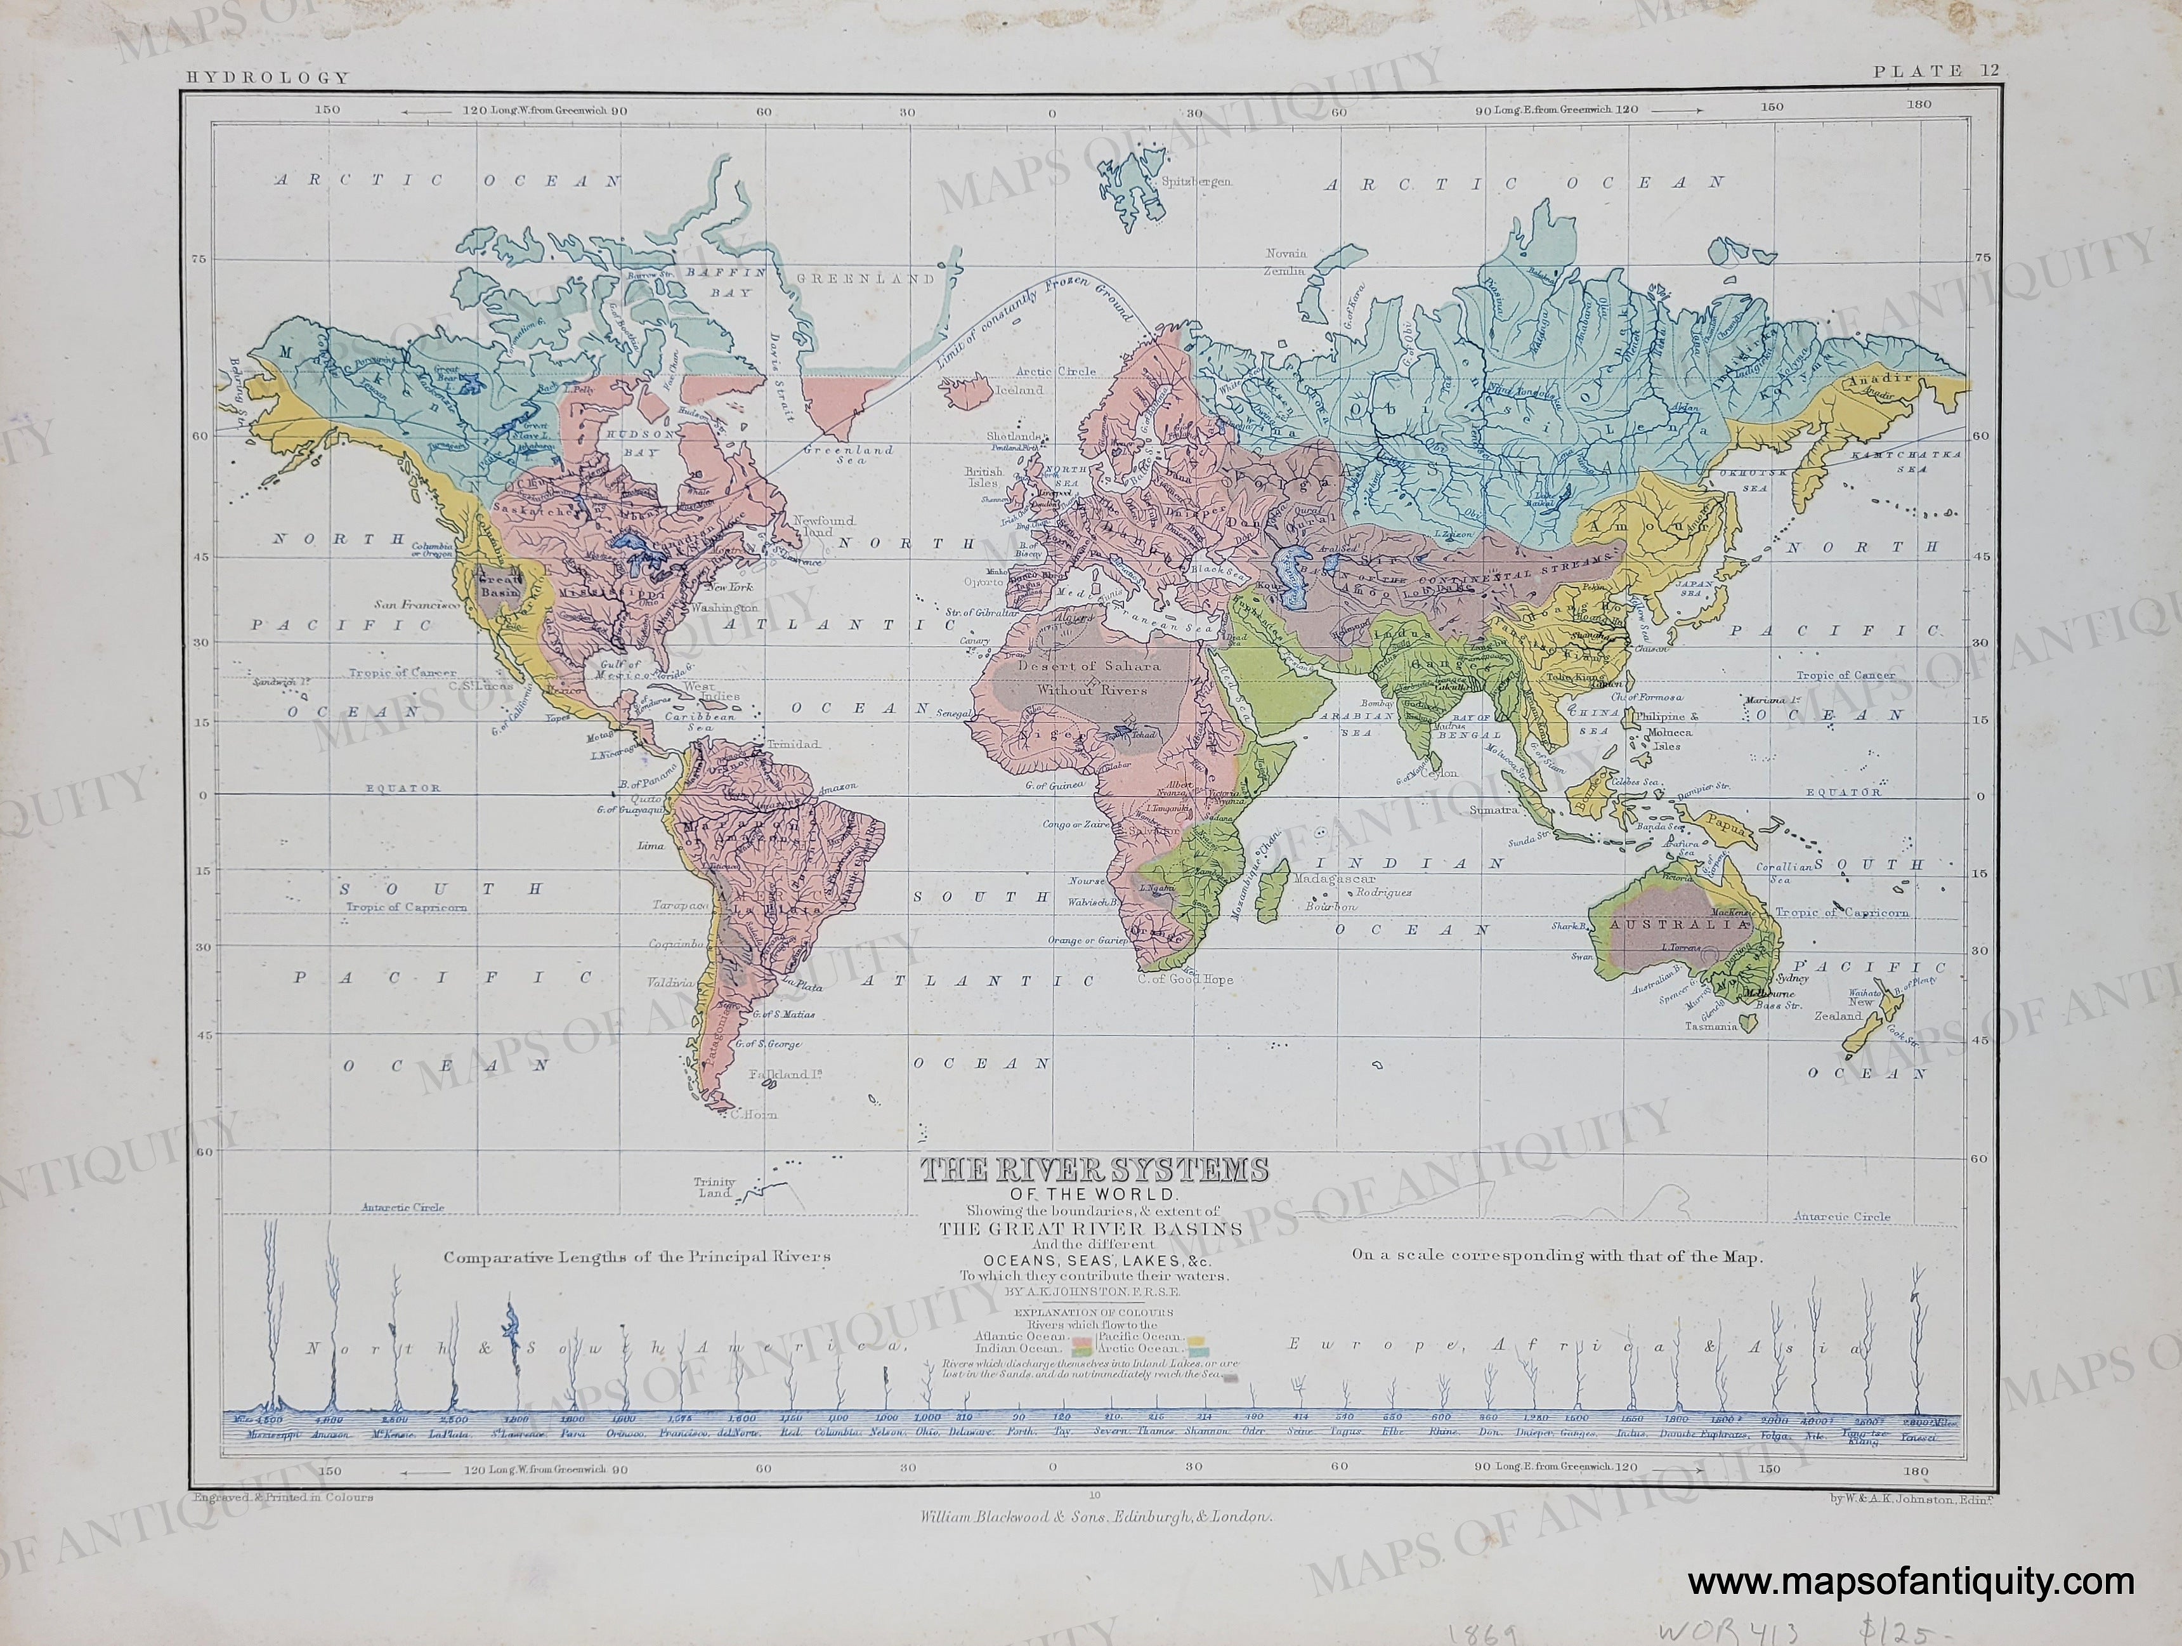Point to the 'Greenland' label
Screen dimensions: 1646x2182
865,279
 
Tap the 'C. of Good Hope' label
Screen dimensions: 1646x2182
1185,980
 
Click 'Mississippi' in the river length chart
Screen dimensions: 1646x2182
272,1461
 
